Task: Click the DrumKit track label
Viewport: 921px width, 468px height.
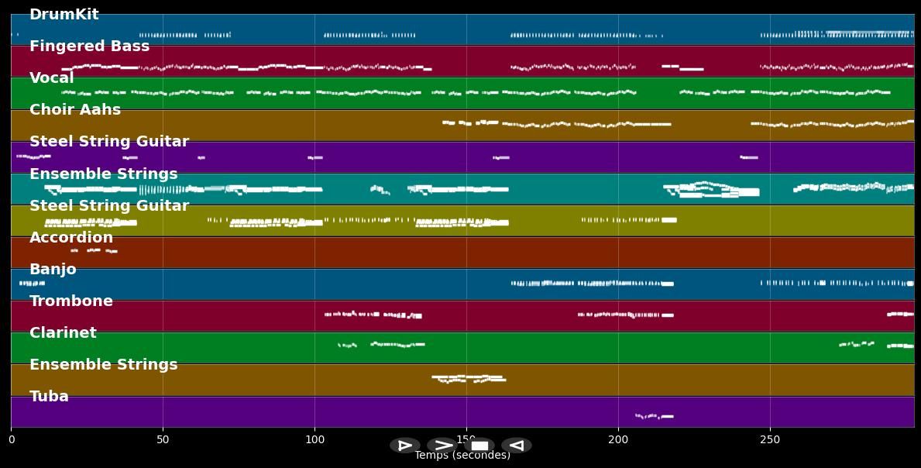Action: point(64,15)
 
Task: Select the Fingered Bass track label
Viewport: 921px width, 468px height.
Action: point(89,46)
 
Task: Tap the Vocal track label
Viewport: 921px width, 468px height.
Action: point(52,78)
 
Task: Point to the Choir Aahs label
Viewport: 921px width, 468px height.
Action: point(75,110)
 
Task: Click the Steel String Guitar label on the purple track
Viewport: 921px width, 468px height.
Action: point(109,142)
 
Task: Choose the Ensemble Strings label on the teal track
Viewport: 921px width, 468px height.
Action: point(104,174)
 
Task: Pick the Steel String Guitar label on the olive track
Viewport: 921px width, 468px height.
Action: point(109,206)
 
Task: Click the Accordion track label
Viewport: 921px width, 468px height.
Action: point(71,238)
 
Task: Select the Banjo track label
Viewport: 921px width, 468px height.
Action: point(53,270)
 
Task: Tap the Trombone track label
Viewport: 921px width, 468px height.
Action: point(71,301)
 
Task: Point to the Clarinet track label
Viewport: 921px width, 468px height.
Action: point(63,333)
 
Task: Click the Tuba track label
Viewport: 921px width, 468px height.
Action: point(49,397)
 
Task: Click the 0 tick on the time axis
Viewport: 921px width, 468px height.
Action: point(11,440)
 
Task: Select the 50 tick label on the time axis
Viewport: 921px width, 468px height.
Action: point(163,440)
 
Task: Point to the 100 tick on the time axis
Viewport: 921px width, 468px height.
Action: point(314,440)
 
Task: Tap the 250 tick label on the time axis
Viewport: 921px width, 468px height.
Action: point(770,440)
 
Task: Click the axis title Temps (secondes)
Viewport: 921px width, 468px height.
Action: point(462,456)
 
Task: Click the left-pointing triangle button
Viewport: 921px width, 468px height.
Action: point(516,446)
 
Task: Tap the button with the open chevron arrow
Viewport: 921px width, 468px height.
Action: point(442,446)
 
